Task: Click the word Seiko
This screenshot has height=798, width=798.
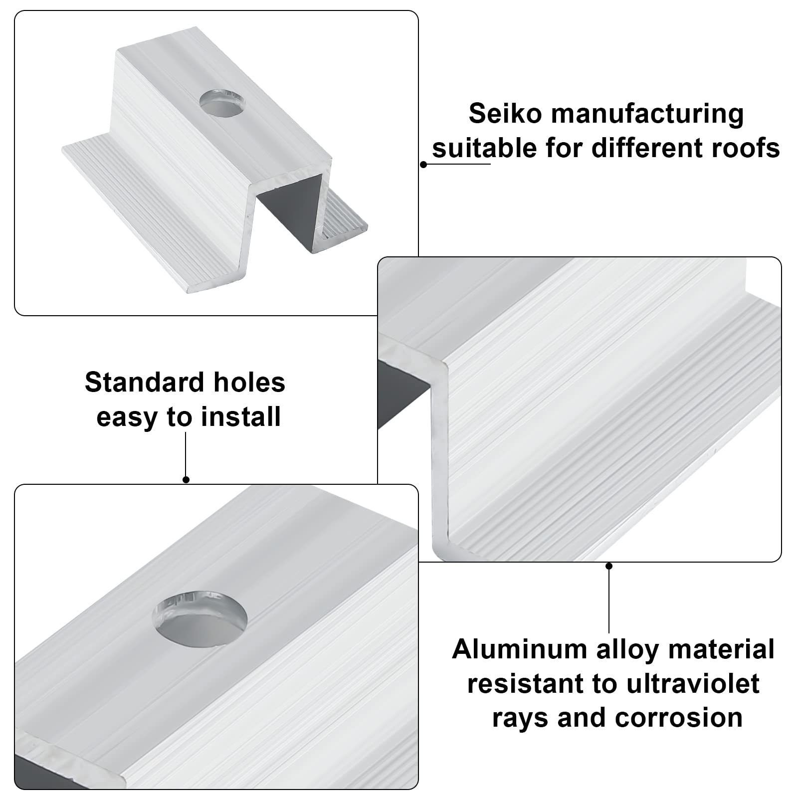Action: (505, 114)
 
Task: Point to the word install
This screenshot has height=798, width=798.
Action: (241, 416)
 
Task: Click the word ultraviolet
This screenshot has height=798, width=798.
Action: (693, 683)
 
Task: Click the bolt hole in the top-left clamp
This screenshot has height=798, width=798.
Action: (222, 103)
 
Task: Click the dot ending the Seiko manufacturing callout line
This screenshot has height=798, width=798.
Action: (423, 164)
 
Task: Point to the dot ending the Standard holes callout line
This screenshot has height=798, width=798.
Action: (186, 480)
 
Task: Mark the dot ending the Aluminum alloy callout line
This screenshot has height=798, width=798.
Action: (608, 566)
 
